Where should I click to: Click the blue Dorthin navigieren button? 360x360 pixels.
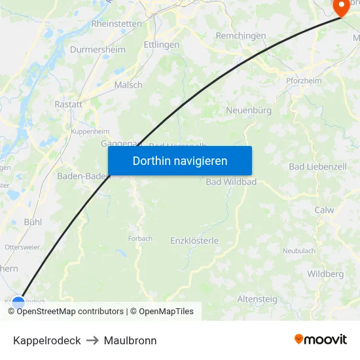tap(179, 160)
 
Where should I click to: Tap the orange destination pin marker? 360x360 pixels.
tap(342, 7)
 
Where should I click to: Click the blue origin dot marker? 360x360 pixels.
tap(18, 303)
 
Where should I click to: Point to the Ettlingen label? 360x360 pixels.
tap(161, 45)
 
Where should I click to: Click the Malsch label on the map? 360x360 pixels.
tap(128, 84)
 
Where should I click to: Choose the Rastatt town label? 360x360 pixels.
tap(68, 104)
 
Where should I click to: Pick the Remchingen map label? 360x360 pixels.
tap(241, 36)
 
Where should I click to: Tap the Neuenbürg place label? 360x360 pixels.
tap(249, 111)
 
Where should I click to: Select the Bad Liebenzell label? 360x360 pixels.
tap(317, 167)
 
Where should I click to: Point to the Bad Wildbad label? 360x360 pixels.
tap(231, 181)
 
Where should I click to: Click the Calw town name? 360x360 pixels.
tap(324, 210)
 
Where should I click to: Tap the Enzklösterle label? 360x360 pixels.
tap(194, 240)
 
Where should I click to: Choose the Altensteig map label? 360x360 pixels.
tap(257, 299)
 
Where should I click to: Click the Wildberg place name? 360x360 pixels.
tap(325, 274)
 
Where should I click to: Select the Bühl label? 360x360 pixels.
tap(33, 222)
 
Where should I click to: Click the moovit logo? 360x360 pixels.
tap(321, 339)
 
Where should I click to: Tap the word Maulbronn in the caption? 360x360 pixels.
tap(130, 340)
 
